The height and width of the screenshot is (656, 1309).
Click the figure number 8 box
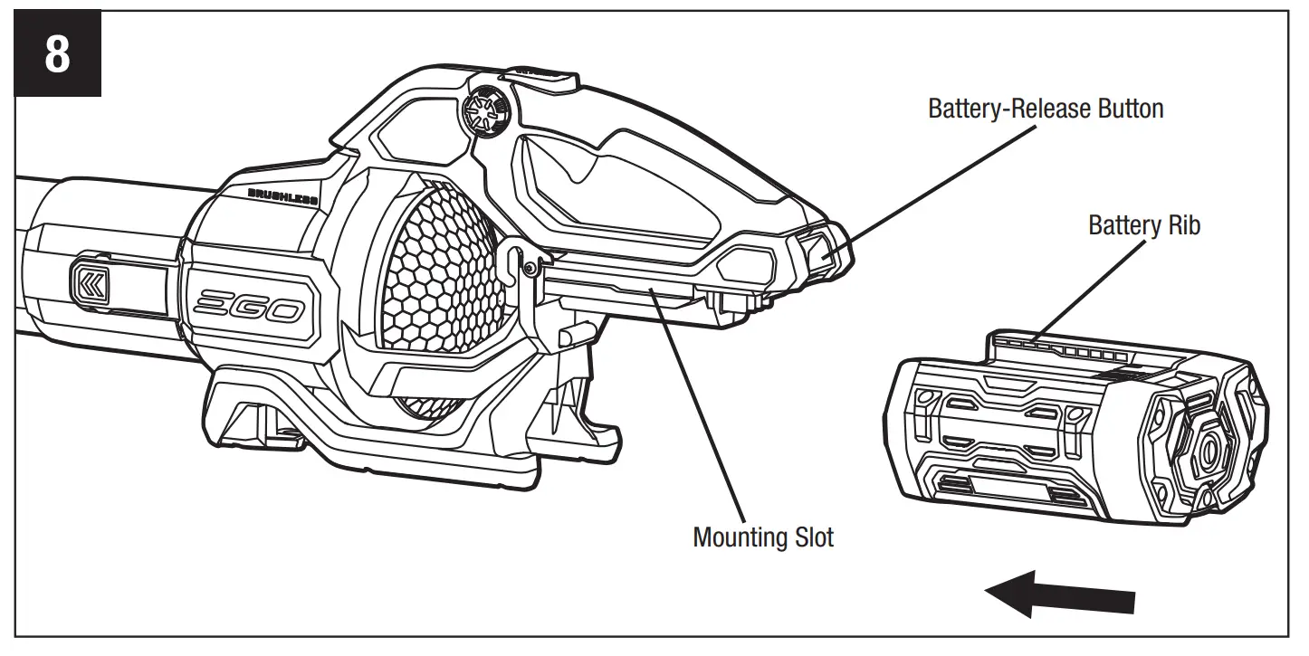(56, 55)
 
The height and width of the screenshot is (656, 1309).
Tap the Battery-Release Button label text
(1046, 109)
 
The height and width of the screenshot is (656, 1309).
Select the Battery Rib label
(1144, 225)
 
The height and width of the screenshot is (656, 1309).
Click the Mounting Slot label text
(762, 537)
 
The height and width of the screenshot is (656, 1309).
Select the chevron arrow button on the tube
(90, 283)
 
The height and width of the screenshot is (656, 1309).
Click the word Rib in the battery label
(1183, 225)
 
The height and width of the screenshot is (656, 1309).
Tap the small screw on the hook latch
(528, 266)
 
